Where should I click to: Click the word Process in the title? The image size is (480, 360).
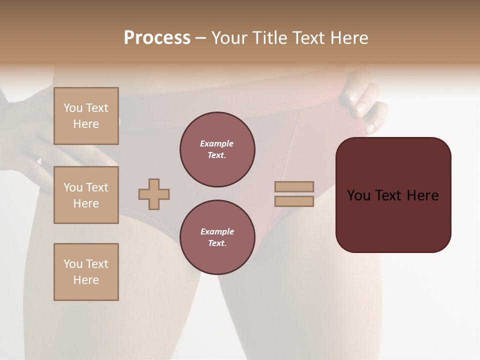tap(157, 38)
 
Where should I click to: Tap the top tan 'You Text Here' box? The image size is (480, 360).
tap(86, 116)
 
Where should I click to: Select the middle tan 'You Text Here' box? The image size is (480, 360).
tap(86, 195)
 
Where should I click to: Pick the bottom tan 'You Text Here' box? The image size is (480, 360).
tap(86, 272)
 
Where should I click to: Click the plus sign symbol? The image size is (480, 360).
tap(154, 194)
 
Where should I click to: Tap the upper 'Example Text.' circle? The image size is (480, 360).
tap(217, 149)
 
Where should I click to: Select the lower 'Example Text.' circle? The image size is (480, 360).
tap(217, 237)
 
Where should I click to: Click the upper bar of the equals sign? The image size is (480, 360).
tap(294, 186)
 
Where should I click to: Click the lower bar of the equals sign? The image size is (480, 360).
tap(294, 201)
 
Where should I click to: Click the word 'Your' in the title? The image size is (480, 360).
tap(228, 38)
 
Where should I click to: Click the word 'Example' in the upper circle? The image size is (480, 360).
tap(216, 143)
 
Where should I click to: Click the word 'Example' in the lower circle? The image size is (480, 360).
tap(217, 231)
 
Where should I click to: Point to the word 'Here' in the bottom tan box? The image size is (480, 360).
tap(86, 280)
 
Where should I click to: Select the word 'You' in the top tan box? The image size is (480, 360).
tap(73, 108)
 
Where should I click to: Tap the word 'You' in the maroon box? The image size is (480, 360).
tap(359, 195)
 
